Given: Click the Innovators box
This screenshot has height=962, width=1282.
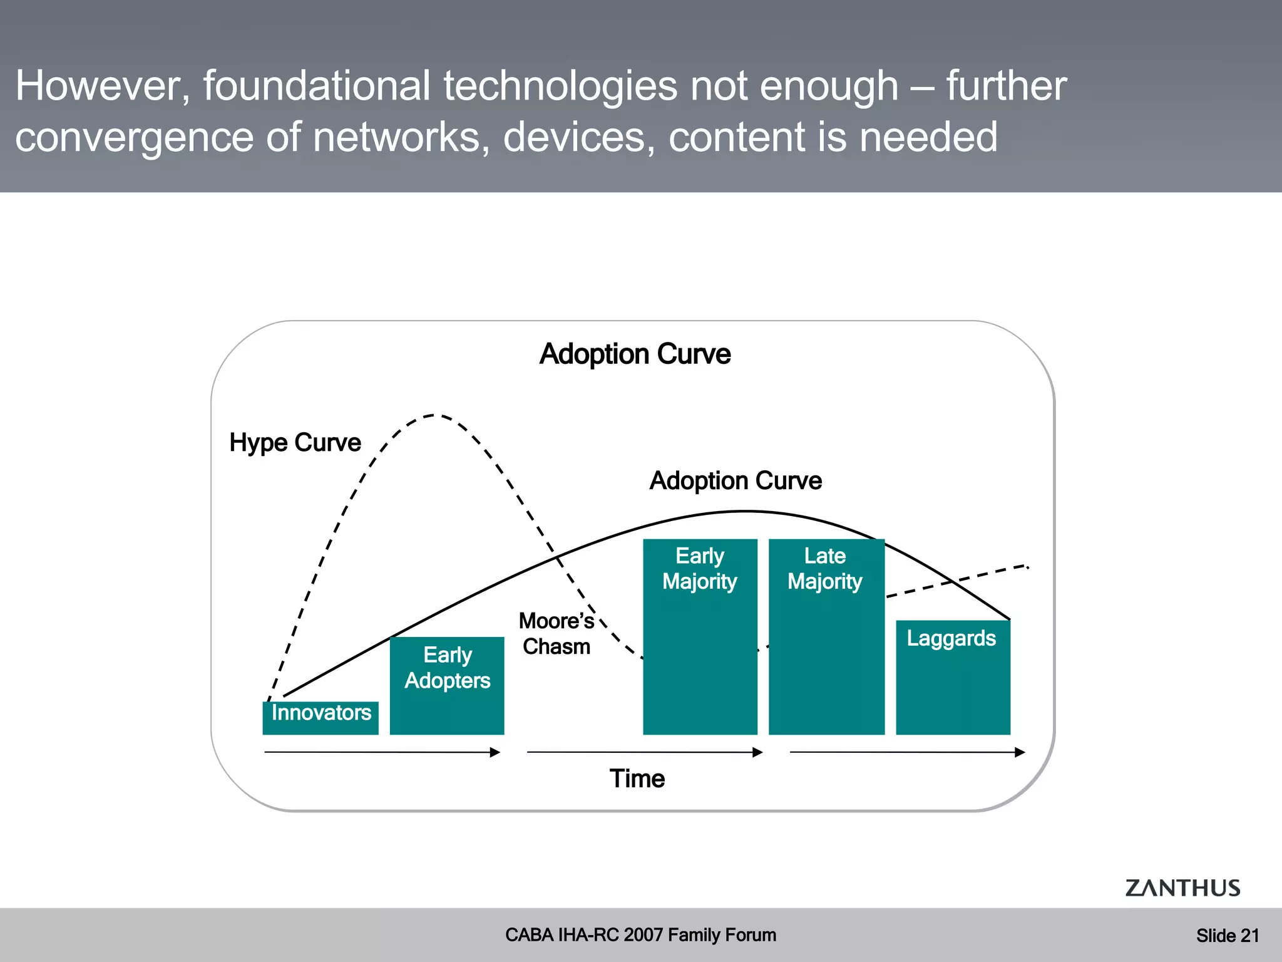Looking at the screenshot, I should (320, 717).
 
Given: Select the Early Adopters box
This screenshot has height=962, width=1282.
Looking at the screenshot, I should (447, 686).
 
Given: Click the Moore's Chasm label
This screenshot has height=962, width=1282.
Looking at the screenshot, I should (556, 634).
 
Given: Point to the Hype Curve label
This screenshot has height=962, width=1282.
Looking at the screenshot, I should (295, 443).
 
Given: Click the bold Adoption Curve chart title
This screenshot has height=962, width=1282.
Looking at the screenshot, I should (635, 354).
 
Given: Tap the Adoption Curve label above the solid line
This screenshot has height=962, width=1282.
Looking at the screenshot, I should (736, 481).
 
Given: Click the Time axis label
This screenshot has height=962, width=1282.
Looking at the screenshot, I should (637, 778).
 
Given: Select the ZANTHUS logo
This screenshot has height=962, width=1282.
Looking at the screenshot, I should (1182, 888).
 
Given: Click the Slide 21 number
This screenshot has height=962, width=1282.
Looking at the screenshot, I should (1228, 936).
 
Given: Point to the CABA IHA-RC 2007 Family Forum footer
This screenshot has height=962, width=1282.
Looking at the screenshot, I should (640, 935).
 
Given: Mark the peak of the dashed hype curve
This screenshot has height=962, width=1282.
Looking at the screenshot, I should (434, 415).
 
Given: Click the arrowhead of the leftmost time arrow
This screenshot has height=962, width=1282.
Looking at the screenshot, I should (495, 752).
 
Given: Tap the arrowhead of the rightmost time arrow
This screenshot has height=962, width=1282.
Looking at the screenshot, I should (1020, 752).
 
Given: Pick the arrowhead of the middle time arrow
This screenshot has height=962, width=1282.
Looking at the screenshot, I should (757, 752).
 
